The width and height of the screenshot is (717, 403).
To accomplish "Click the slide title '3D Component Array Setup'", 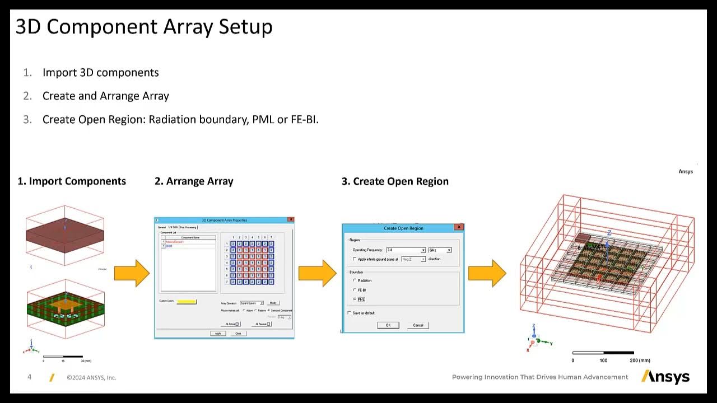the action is click(x=144, y=27).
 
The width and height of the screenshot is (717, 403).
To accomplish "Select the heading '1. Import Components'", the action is click(x=72, y=181).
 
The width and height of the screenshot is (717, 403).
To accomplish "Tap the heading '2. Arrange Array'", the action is click(x=194, y=181).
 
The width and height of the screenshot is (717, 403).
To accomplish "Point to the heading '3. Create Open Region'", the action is click(x=395, y=181).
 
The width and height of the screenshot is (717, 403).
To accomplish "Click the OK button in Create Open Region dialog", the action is click(x=388, y=325).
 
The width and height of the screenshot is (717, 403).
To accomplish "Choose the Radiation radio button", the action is click(x=355, y=280).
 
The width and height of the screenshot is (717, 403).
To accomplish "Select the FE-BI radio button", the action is click(x=355, y=290).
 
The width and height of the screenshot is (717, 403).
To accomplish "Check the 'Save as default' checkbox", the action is click(x=350, y=313).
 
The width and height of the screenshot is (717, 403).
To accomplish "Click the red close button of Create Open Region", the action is click(x=459, y=227).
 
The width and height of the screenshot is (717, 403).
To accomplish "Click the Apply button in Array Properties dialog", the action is click(x=218, y=334).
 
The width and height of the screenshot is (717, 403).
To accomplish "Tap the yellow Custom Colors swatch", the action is click(x=187, y=302).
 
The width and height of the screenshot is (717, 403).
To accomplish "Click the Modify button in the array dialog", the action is click(x=273, y=303).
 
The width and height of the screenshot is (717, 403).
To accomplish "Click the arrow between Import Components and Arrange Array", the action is click(x=132, y=273).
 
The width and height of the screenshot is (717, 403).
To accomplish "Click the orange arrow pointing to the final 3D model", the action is click(x=487, y=273).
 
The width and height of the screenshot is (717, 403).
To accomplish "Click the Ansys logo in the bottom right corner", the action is click(x=665, y=377).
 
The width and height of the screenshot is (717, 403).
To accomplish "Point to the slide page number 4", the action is click(x=30, y=377).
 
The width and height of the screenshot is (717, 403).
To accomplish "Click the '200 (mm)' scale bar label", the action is click(x=640, y=360).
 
